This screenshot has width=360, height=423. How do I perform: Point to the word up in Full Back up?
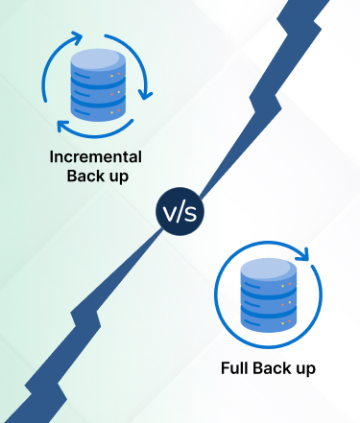[x=304, y=368]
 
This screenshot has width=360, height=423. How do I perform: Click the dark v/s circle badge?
[x=180, y=211]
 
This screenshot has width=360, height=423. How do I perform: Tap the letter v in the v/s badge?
[x=168, y=212]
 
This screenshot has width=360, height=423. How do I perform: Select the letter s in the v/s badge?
[x=190, y=212]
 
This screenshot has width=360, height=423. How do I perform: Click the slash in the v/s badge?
[x=180, y=211]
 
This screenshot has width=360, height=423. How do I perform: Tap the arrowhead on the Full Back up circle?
[x=306, y=255]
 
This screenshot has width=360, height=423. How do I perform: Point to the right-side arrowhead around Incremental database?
[x=145, y=95]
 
